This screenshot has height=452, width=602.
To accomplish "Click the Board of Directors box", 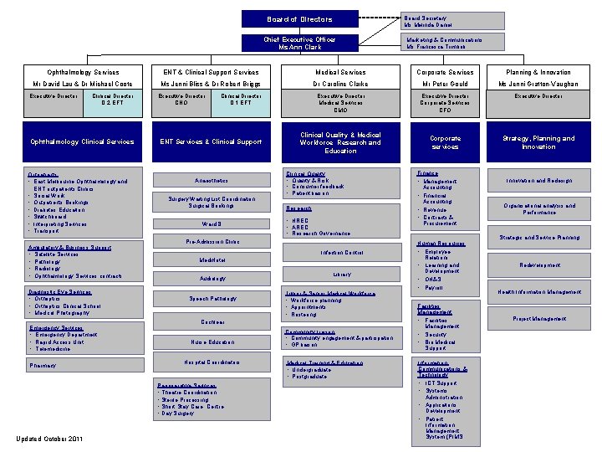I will tap(299, 19).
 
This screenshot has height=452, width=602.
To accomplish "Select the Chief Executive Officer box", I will tap(299, 43).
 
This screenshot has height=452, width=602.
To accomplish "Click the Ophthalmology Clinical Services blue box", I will tap(82, 141).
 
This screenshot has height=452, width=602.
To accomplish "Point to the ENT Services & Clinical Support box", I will tap(212, 141).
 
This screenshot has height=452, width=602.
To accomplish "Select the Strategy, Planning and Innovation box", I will tap(538, 142).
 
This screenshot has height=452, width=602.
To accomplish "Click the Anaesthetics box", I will tap(212, 181).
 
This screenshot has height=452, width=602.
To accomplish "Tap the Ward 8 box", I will tap(212, 224).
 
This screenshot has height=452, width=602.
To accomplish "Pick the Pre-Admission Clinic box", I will tap(212, 242).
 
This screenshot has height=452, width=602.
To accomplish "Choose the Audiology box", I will tap(212, 278).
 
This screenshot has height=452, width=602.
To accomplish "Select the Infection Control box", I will tap(341, 253).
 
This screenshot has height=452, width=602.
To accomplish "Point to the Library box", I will tap(341, 275).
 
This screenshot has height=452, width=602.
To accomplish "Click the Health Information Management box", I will tap(538, 291).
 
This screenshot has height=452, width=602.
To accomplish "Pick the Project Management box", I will tap(538, 318).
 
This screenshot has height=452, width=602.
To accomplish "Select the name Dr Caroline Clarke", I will tap(340, 85).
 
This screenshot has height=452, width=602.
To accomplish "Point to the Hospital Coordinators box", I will tap(212, 362).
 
